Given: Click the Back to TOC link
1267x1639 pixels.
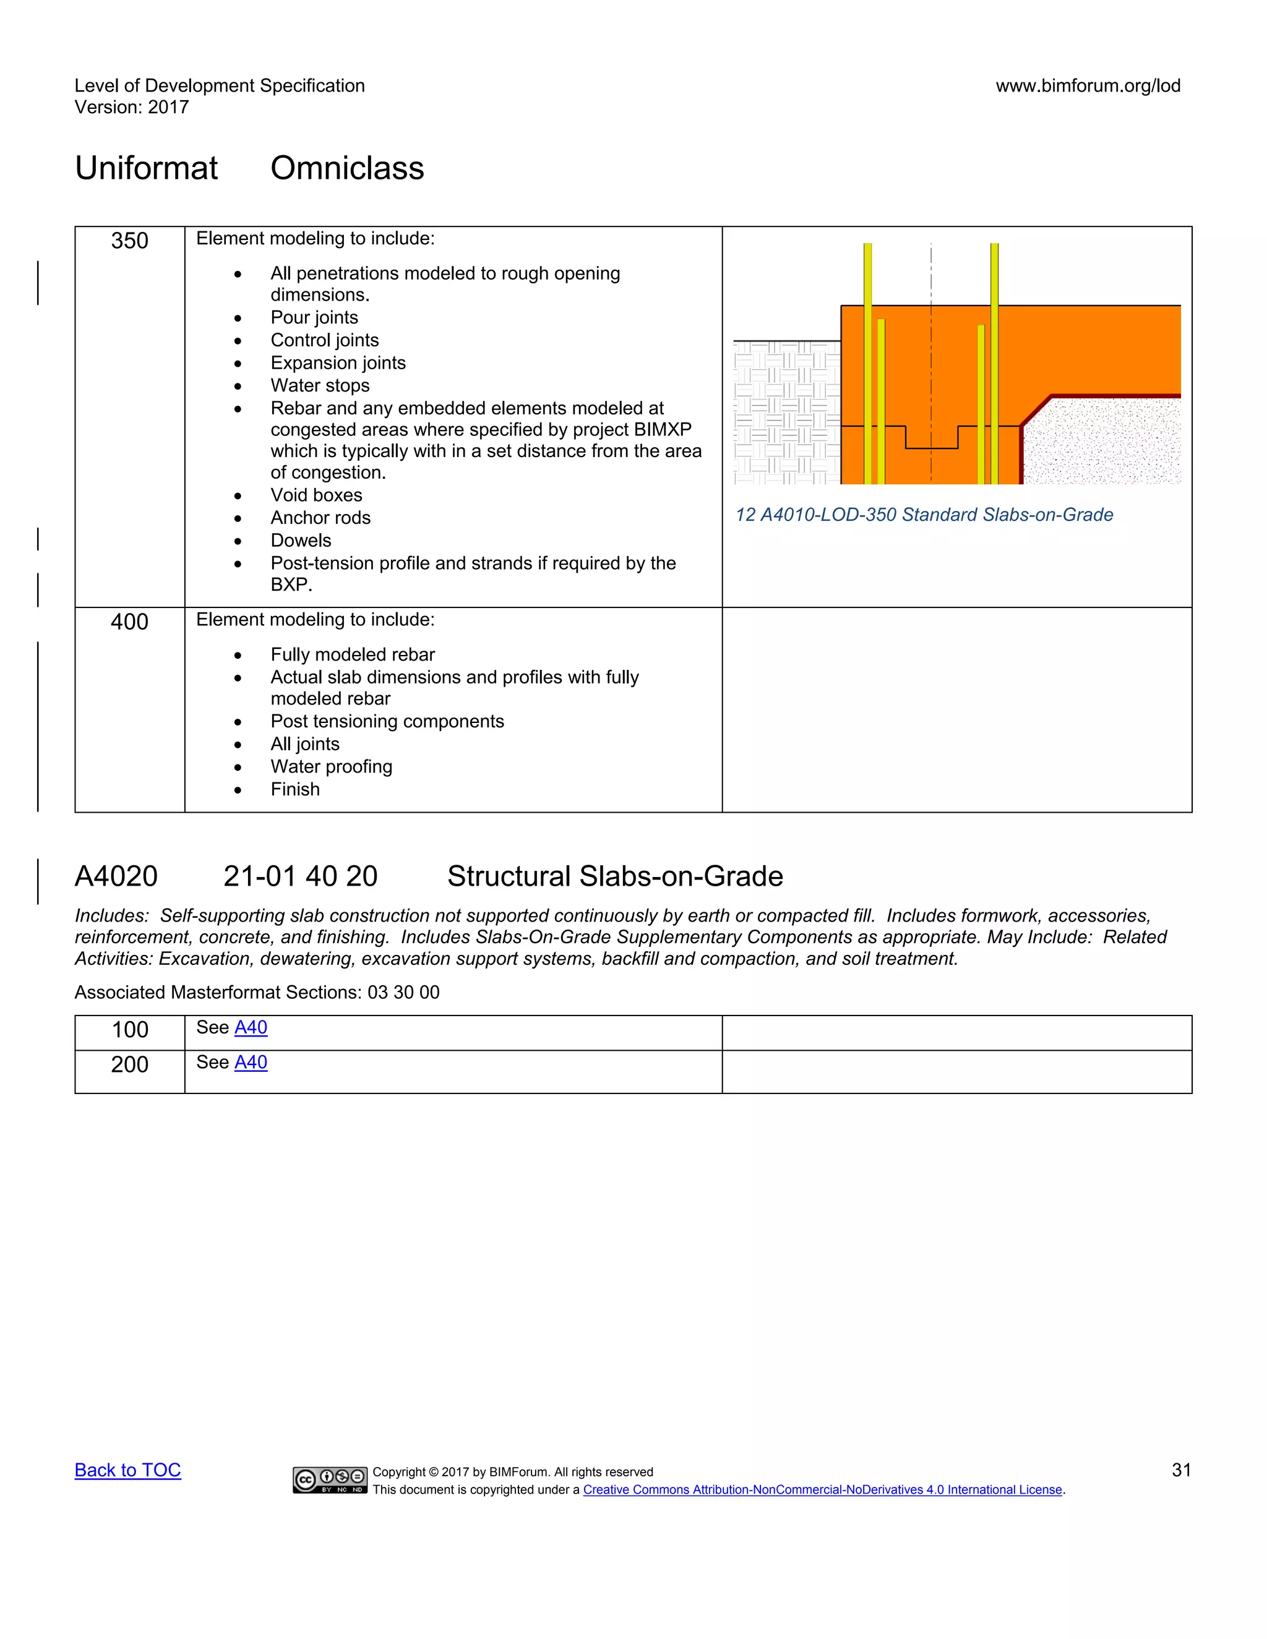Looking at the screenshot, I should click(x=127, y=1470).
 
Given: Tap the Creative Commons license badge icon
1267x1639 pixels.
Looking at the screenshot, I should click(x=330, y=1480).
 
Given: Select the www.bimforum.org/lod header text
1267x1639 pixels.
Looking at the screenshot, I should click(x=1088, y=85).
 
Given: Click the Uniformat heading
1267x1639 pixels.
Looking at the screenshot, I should click(x=147, y=168).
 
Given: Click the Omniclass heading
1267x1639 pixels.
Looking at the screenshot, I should click(x=347, y=168).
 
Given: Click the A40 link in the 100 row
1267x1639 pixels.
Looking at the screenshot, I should click(x=251, y=1027).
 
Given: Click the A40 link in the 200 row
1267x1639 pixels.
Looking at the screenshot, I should click(x=251, y=1063).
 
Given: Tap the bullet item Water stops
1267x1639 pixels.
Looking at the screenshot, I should click(x=320, y=386).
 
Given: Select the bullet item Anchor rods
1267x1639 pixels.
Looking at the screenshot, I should click(x=320, y=518).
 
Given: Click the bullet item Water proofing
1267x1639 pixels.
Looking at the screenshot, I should click(x=331, y=767).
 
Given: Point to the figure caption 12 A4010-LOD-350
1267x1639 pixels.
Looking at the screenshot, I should click(x=923, y=515).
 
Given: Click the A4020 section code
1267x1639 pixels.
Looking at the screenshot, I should click(x=116, y=876).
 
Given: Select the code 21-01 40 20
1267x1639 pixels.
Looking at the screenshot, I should click(x=300, y=876).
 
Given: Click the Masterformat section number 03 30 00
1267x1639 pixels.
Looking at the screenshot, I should click(x=403, y=993).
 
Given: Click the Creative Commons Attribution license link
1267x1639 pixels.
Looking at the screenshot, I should click(x=822, y=1491).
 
